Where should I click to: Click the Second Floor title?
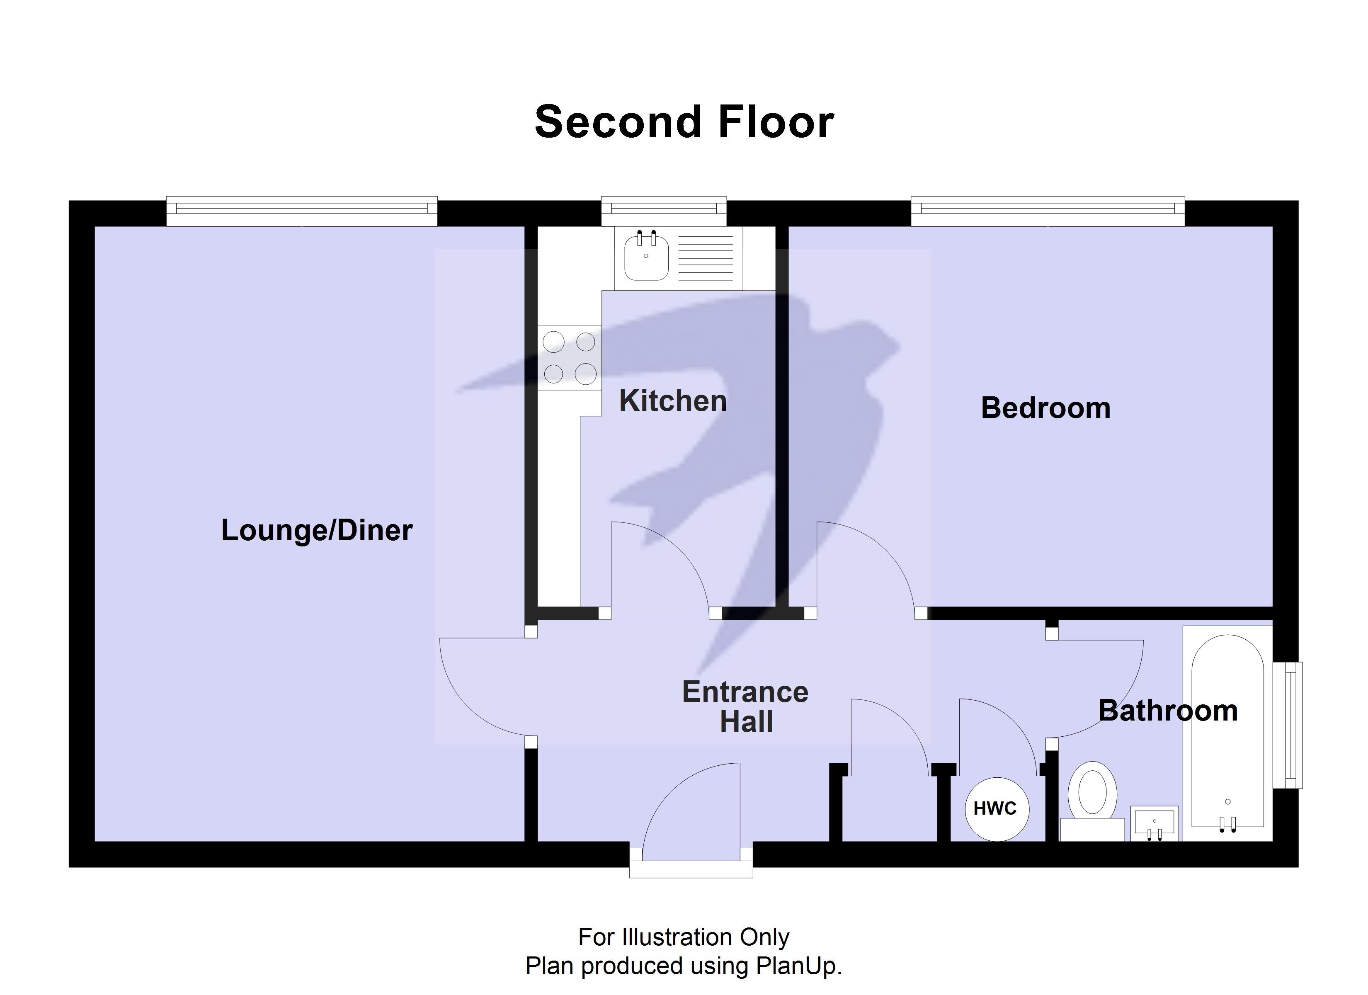pos(684,122)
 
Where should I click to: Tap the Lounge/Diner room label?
pos(317,530)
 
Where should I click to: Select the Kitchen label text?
pos(672,401)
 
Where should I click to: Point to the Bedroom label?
pos(1045,408)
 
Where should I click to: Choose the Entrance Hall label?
pos(745,706)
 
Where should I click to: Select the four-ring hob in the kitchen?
pos(570,358)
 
